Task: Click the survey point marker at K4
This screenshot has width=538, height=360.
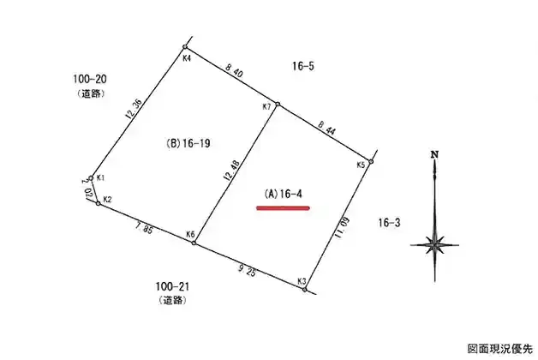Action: (x=185, y=46)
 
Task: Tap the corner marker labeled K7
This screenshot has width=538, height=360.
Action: (x=278, y=104)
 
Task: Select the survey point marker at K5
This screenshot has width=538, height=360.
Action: (x=371, y=161)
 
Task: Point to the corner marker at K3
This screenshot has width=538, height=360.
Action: (x=305, y=290)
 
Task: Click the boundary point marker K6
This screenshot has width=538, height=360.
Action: (x=194, y=243)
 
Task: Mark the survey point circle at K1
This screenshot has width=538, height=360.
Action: (x=91, y=178)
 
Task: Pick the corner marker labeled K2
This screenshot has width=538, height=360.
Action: (x=99, y=203)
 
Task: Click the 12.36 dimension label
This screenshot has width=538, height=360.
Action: (x=133, y=109)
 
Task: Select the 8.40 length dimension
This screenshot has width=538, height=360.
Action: (x=234, y=70)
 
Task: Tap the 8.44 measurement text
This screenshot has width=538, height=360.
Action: (x=326, y=128)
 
